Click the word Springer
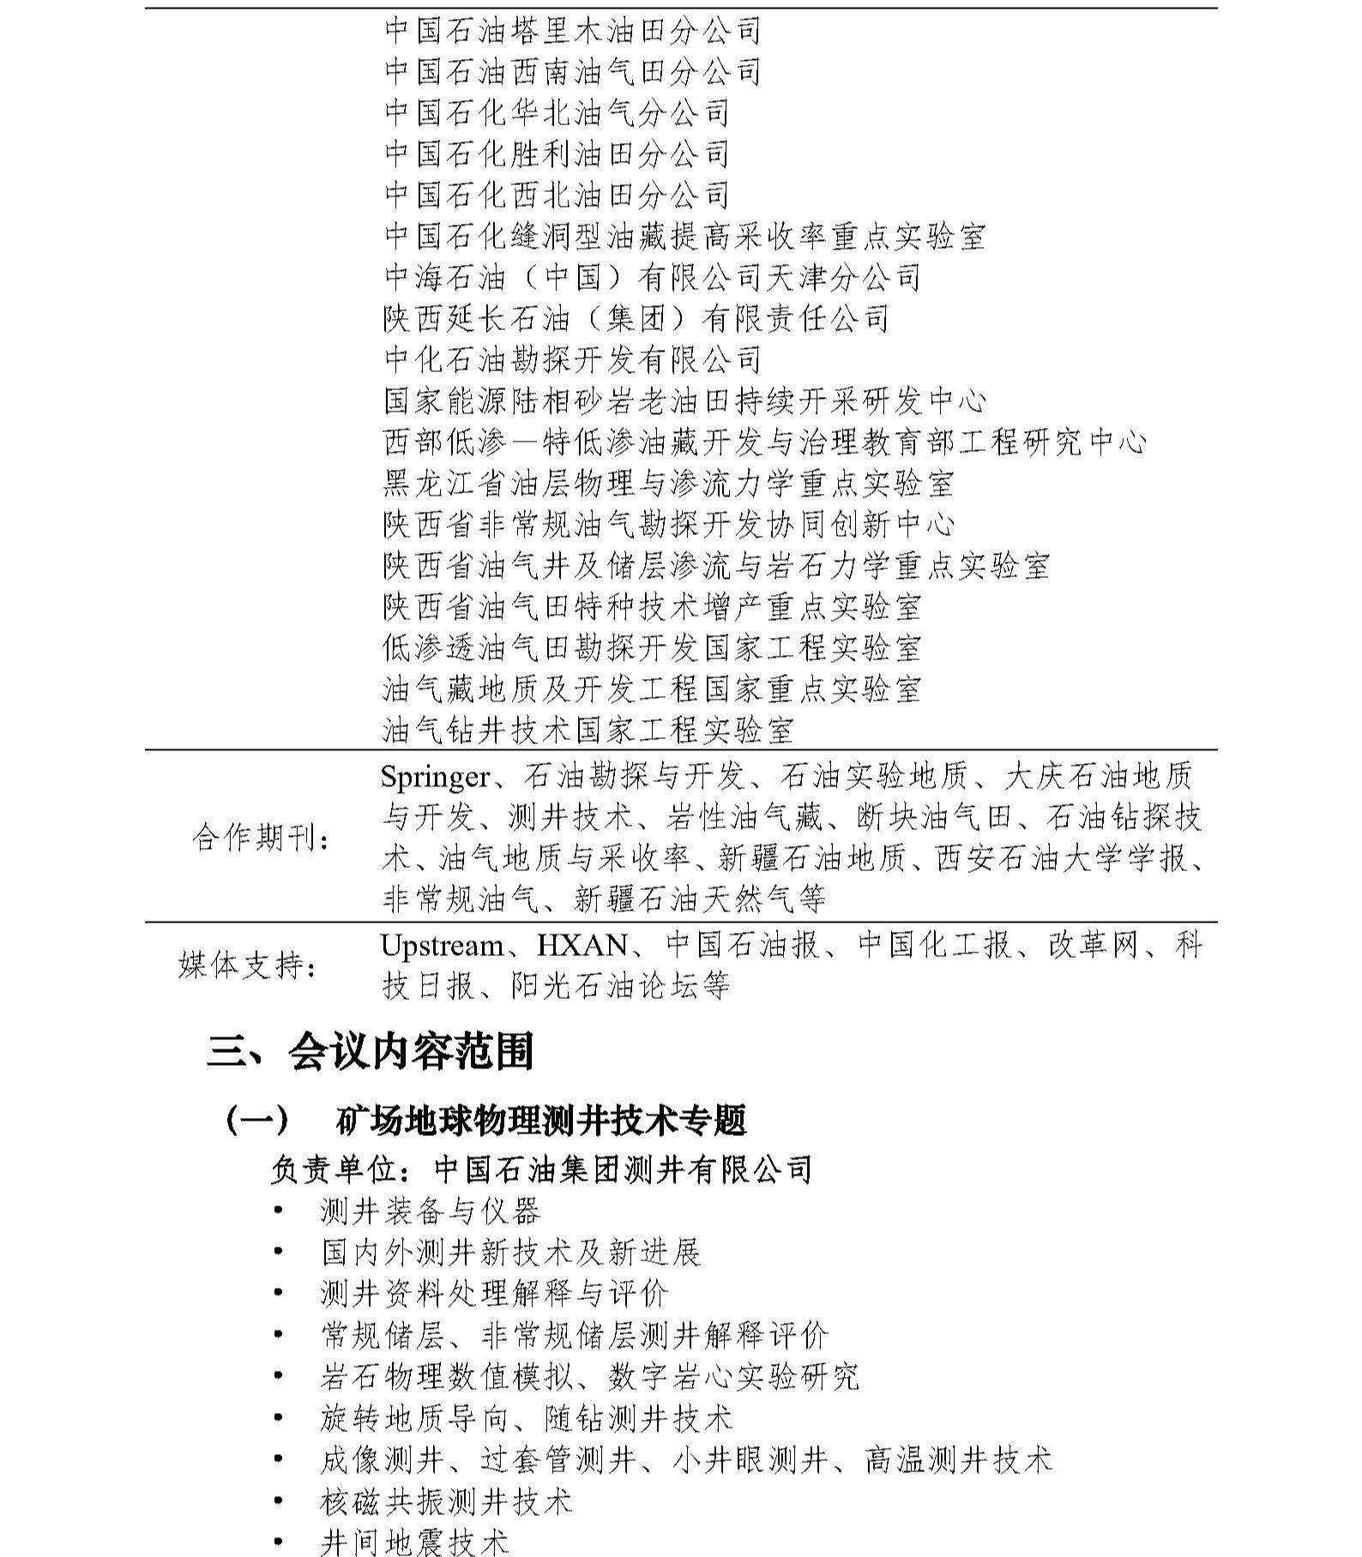click(x=435, y=777)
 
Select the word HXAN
click(x=582, y=946)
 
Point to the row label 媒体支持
click(x=247, y=965)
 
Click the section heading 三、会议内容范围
click(x=371, y=1051)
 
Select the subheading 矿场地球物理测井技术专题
click(x=540, y=1120)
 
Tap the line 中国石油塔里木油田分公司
click(x=572, y=31)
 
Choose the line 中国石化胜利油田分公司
click(x=556, y=154)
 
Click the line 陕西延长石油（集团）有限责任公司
click(x=636, y=319)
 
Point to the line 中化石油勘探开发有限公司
click(x=572, y=359)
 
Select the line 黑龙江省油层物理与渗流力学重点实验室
click(x=668, y=484)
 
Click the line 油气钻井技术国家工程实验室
click(x=588, y=730)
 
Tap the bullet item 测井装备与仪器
click(x=430, y=1211)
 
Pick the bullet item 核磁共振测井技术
click(x=446, y=1501)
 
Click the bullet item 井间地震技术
click(x=414, y=1542)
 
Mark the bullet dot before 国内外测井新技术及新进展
click(x=278, y=1252)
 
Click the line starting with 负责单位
click(x=541, y=1169)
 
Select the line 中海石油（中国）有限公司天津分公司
click(x=652, y=278)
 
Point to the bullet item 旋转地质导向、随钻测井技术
click(x=526, y=1418)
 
